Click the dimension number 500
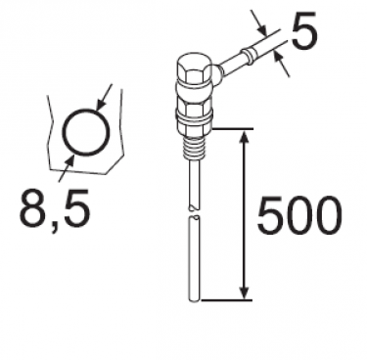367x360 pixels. click(x=299, y=215)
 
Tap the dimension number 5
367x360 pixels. click(x=303, y=30)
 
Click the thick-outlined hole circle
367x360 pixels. click(x=86, y=111)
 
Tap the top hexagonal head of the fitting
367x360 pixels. click(x=194, y=70)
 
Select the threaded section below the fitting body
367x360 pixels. click(x=195, y=149)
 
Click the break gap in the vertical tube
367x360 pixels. click(x=195, y=212)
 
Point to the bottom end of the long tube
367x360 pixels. click(x=195, y=300)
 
